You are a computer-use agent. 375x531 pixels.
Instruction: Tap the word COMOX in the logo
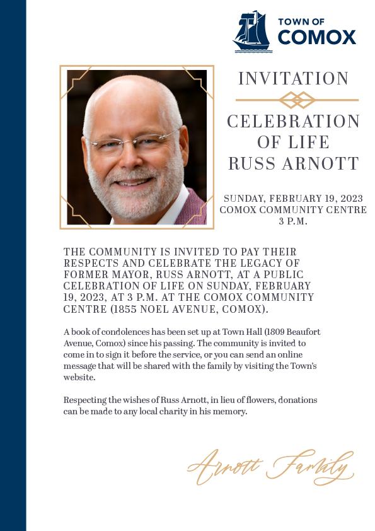click(317, 38)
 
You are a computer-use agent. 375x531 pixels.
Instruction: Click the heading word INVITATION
click(294, 79)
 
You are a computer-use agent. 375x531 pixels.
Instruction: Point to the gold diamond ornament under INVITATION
click(297, 100)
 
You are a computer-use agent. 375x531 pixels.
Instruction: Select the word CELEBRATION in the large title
click(294, 122)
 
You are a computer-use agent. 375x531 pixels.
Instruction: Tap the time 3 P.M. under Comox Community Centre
click(293, 221)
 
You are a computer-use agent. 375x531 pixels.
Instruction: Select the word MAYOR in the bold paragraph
click(120, 275)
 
